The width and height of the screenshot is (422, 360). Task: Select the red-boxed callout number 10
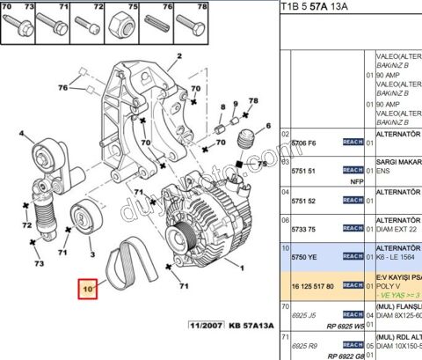click(x=88, y=289)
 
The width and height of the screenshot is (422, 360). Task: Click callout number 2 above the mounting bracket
click(x=178, y=57)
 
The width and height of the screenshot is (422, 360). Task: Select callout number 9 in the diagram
click(x=224, y=107)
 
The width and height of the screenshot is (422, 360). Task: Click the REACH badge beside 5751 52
click(x=352, y=200)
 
